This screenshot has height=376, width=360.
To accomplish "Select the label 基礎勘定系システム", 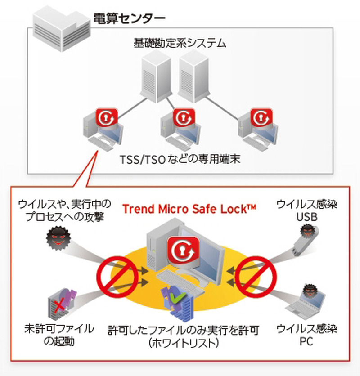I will click(180, 44).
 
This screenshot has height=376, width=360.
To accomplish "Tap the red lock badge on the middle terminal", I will click(184, 117).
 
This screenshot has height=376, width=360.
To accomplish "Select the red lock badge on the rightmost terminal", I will click(261, 117).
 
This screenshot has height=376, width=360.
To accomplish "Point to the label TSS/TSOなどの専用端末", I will click(179, 160).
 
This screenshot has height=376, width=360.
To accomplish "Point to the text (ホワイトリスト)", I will click(184, 343).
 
